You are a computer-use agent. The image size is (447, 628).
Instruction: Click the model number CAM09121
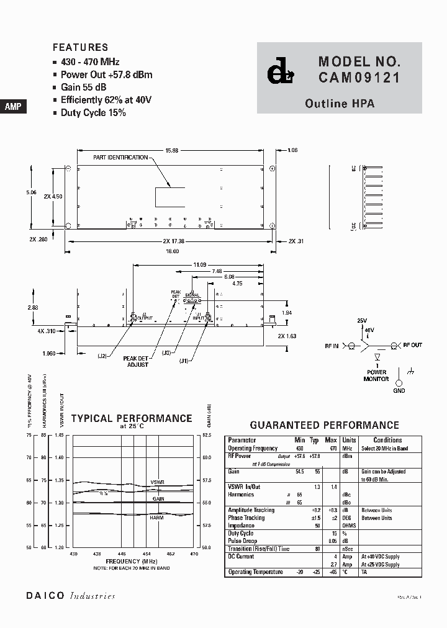[x=359, y=78]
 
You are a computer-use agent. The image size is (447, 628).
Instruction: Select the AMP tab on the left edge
[x=13, y=107]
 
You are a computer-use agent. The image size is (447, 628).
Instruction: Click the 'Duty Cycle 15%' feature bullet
[x=93, y=113]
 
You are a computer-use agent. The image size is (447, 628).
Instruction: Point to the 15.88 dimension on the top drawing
[x=172, y=150]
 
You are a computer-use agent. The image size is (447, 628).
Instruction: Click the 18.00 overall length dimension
[x=171, y=251]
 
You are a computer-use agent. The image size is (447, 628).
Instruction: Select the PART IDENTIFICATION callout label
[x=120, y=158]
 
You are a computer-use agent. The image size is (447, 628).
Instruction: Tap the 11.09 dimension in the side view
[x=199, y=264]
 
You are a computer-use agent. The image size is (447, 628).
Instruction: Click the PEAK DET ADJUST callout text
[x=135, y=361]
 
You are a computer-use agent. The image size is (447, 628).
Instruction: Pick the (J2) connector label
[x=102, y=355]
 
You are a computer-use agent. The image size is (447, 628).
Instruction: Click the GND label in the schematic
[x=399, y=390]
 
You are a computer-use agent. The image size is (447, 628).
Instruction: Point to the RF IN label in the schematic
[x=331, y=346]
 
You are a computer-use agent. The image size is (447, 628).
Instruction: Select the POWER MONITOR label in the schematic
[x=376, y=375]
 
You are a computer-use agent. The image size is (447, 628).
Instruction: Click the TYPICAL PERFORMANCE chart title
[x=132, y=419]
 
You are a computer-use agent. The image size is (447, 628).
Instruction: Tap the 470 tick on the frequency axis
[x=193, y=554]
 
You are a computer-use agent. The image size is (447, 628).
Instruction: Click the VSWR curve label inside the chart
[x=157, y=483]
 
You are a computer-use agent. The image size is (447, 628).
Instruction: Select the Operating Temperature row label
[x=255, y=572]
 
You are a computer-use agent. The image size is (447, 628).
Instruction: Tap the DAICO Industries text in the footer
[x=71, y=596]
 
